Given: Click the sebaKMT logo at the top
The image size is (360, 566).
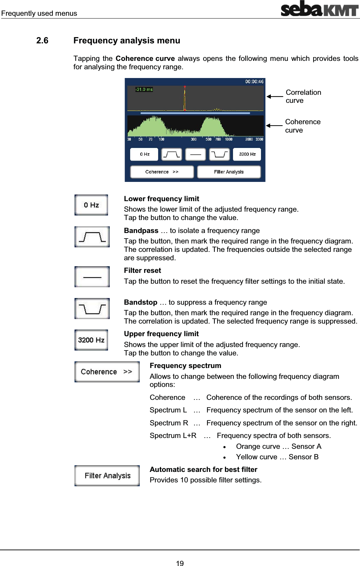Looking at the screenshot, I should coord(319,9).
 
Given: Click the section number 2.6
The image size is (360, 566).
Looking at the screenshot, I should coord(42,41).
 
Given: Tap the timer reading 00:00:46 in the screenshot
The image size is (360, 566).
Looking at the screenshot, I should coord(254,82).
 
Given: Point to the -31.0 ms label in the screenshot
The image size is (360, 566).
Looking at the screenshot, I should coord(144,90).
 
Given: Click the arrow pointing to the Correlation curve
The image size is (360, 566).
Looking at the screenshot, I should coord(275,97).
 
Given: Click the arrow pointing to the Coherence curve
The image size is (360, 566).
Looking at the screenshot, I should coord(274,126).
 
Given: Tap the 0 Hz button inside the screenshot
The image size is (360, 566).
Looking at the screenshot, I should coord(144,154).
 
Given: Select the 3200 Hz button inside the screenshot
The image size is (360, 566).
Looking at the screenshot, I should coord(247,154).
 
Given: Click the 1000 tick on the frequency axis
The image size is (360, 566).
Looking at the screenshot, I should coord(228,139).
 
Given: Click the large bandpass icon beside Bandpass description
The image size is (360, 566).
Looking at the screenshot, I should coord(92,237).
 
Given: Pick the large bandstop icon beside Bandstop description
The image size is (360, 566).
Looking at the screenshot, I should coord(92,309).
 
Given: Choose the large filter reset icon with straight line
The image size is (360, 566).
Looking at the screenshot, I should coord(92,277).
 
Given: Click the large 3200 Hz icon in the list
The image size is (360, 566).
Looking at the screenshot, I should coord(91,340).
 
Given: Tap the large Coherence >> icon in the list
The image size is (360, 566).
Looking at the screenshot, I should coord(107,372).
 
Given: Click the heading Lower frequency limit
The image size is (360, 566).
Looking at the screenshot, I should coord(161,199).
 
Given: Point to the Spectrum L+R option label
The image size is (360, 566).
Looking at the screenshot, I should coord(173,436).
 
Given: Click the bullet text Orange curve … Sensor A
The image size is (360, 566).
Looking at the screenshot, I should coord(278,446).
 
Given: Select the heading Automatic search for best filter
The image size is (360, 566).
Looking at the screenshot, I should coord(203,469).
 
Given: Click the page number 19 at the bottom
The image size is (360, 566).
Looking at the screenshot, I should coord(180,563).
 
